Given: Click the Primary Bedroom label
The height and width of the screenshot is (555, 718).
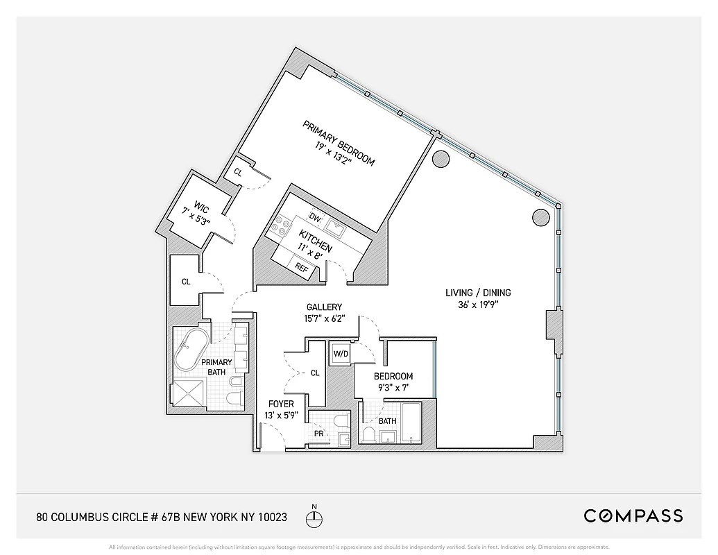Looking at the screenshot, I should click(x=339, y=143).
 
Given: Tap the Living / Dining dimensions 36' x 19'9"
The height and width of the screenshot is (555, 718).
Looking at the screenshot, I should click(x=478, y=304).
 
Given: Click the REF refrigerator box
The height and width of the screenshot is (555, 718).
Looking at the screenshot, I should click(x=301, y=266).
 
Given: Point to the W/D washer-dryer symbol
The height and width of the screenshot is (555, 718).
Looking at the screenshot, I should click(x=341, y=353).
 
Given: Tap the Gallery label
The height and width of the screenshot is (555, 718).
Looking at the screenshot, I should click(x=325, y=307).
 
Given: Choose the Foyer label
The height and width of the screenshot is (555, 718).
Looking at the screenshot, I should click(x=281, y=404).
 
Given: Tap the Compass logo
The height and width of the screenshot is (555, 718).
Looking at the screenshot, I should click(x=633, y=515).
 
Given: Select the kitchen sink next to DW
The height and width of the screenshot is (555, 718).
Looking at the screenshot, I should click(x=336, y=226).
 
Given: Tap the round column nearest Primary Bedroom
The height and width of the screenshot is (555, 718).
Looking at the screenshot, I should click(x=440, y=160).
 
